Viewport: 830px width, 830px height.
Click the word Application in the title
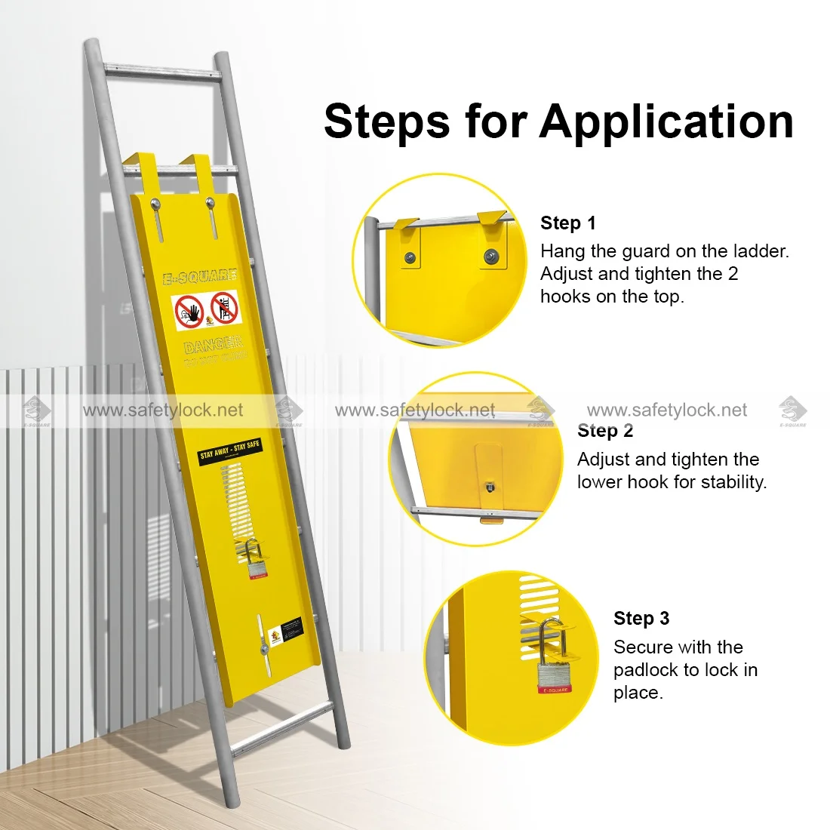(x=666, y=122)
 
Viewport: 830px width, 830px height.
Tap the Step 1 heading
(x=567, y=223)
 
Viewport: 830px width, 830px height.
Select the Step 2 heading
(x=605, y=431)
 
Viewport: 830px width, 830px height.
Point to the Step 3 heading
(x=641, y=618)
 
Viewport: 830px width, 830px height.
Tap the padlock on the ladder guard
(x=257, y=562)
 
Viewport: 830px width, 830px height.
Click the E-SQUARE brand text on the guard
(x=200, y=276)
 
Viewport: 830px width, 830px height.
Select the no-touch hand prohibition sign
(x=189, y=311)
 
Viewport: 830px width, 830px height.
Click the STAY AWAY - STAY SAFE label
(x=229, y=450)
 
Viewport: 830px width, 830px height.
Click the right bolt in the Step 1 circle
(x=491, y=254)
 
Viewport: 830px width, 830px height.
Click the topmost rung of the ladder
(x=162, y=72)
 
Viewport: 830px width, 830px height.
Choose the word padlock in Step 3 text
(x=646, y=669)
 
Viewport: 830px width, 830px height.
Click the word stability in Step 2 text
(x=731, y=481)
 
